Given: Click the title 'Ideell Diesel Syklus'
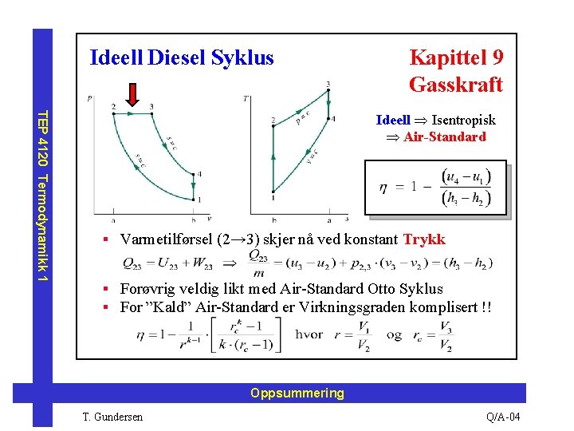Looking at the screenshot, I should [x=182, y=58].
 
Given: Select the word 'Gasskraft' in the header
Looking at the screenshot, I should [x=455, y=85].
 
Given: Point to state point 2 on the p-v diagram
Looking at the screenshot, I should [x=114, y=113].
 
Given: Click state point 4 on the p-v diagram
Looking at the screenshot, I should [x=193, y=175].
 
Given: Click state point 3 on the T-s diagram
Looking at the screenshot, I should [x=327, y=91].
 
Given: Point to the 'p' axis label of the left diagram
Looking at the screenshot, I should [x=91, y=98].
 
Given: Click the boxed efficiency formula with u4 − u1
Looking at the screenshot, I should [x=434, y=188].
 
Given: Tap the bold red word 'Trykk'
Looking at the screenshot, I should [x=424, y=239].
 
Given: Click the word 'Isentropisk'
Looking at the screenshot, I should [x=463, y=120].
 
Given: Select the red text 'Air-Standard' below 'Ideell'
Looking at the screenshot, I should [x=444, y=136].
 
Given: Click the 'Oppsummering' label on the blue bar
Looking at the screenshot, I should [x=297, y=393].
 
